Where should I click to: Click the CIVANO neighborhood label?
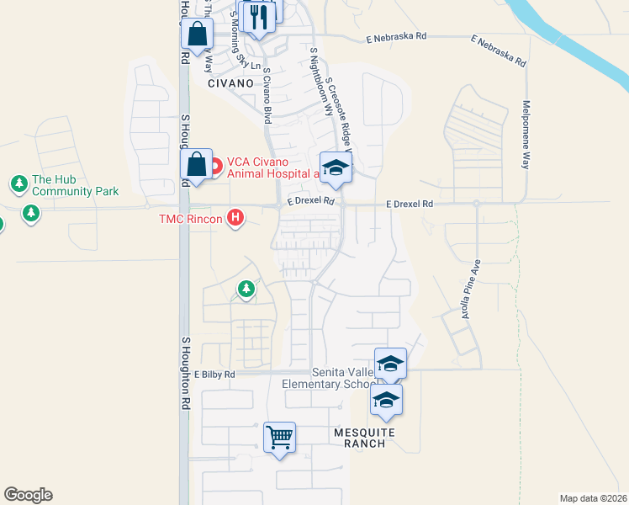coord(230,83)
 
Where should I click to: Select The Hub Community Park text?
coord(75,186)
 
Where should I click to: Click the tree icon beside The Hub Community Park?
coord(18,183)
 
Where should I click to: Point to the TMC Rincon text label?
coord(190,220)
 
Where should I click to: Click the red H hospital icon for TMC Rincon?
coord(236,219)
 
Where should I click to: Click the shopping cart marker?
coord(279,438)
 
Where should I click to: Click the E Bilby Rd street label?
coord(215,374)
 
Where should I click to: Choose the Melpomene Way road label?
coord(526,135)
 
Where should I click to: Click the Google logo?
coord(28,495)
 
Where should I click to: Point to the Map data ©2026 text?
coord(593,498)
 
